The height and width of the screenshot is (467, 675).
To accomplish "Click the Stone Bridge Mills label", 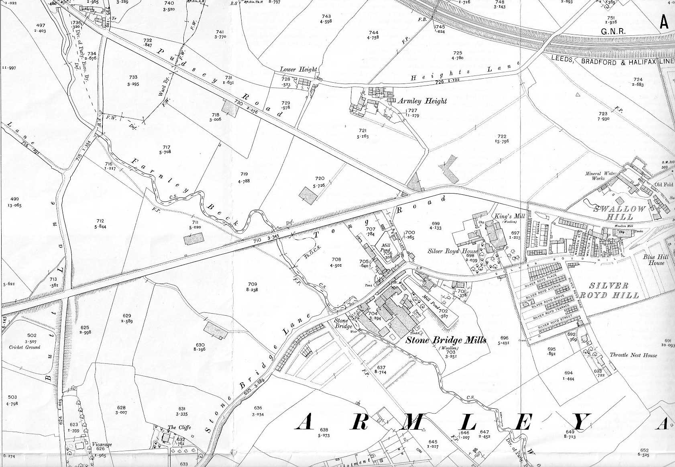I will coord(446,340).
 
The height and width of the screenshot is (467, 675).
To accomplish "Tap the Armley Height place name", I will coord(422,101).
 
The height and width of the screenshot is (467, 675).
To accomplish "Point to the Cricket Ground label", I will coord(25,347).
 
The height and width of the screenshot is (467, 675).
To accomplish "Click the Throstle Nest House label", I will coord(633,355).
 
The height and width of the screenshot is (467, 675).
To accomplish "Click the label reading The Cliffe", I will coord(177,428).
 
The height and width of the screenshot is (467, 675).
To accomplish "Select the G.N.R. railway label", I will coord(613,31).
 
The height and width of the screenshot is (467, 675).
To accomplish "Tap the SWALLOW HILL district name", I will coord(620,213).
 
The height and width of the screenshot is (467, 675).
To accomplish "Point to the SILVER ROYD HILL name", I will coord(614,290).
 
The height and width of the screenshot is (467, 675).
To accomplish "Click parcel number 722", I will coord(502,137).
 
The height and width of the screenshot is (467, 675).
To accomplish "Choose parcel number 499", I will coord(14,199).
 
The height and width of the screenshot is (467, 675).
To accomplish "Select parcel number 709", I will coord(252,284).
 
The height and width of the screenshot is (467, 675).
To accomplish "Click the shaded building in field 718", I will coord(229,108).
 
